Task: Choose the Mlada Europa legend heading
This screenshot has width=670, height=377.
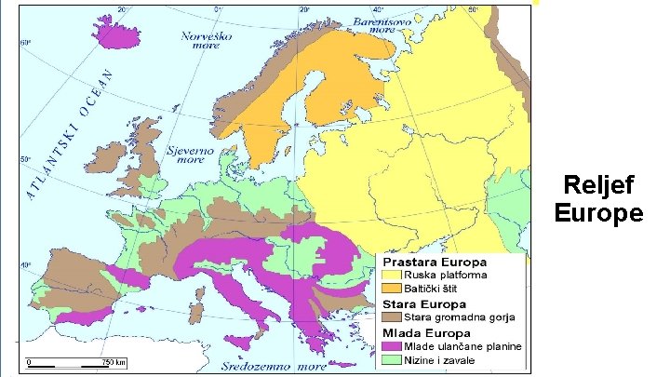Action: [419, 332]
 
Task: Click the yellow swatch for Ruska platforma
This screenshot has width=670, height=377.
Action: [391, 276]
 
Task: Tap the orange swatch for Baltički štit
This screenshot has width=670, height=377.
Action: [391, 289]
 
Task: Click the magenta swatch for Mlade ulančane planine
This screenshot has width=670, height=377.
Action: [391, 346]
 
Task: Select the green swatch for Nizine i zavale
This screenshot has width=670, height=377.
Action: [391, 359]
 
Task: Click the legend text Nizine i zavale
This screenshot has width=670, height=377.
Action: [443, 359]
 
